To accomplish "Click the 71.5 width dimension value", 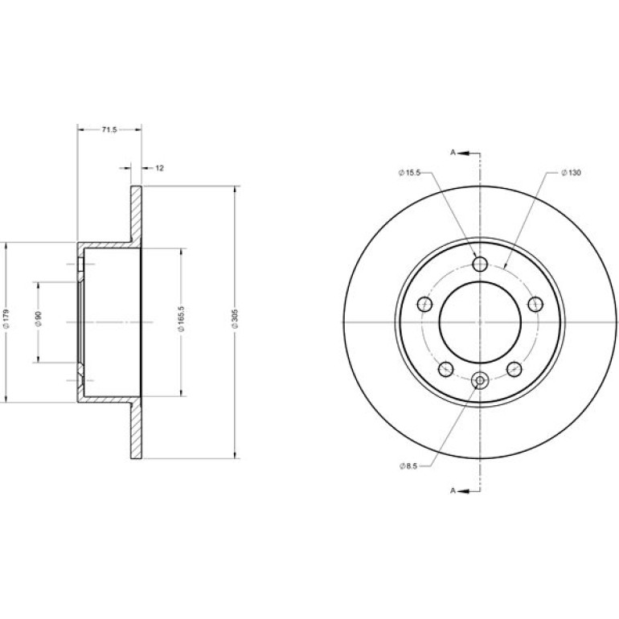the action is point(109,129).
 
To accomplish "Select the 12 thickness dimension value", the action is point(159,168).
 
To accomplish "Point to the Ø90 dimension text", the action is point(39,319).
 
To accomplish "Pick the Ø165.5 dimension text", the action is point(182,319).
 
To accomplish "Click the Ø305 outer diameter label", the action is point(236,319).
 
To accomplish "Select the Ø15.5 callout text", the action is point(410,173).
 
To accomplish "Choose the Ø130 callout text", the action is point(571,173).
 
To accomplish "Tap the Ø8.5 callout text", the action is point(408,466).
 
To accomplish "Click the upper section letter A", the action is point(453,153).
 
